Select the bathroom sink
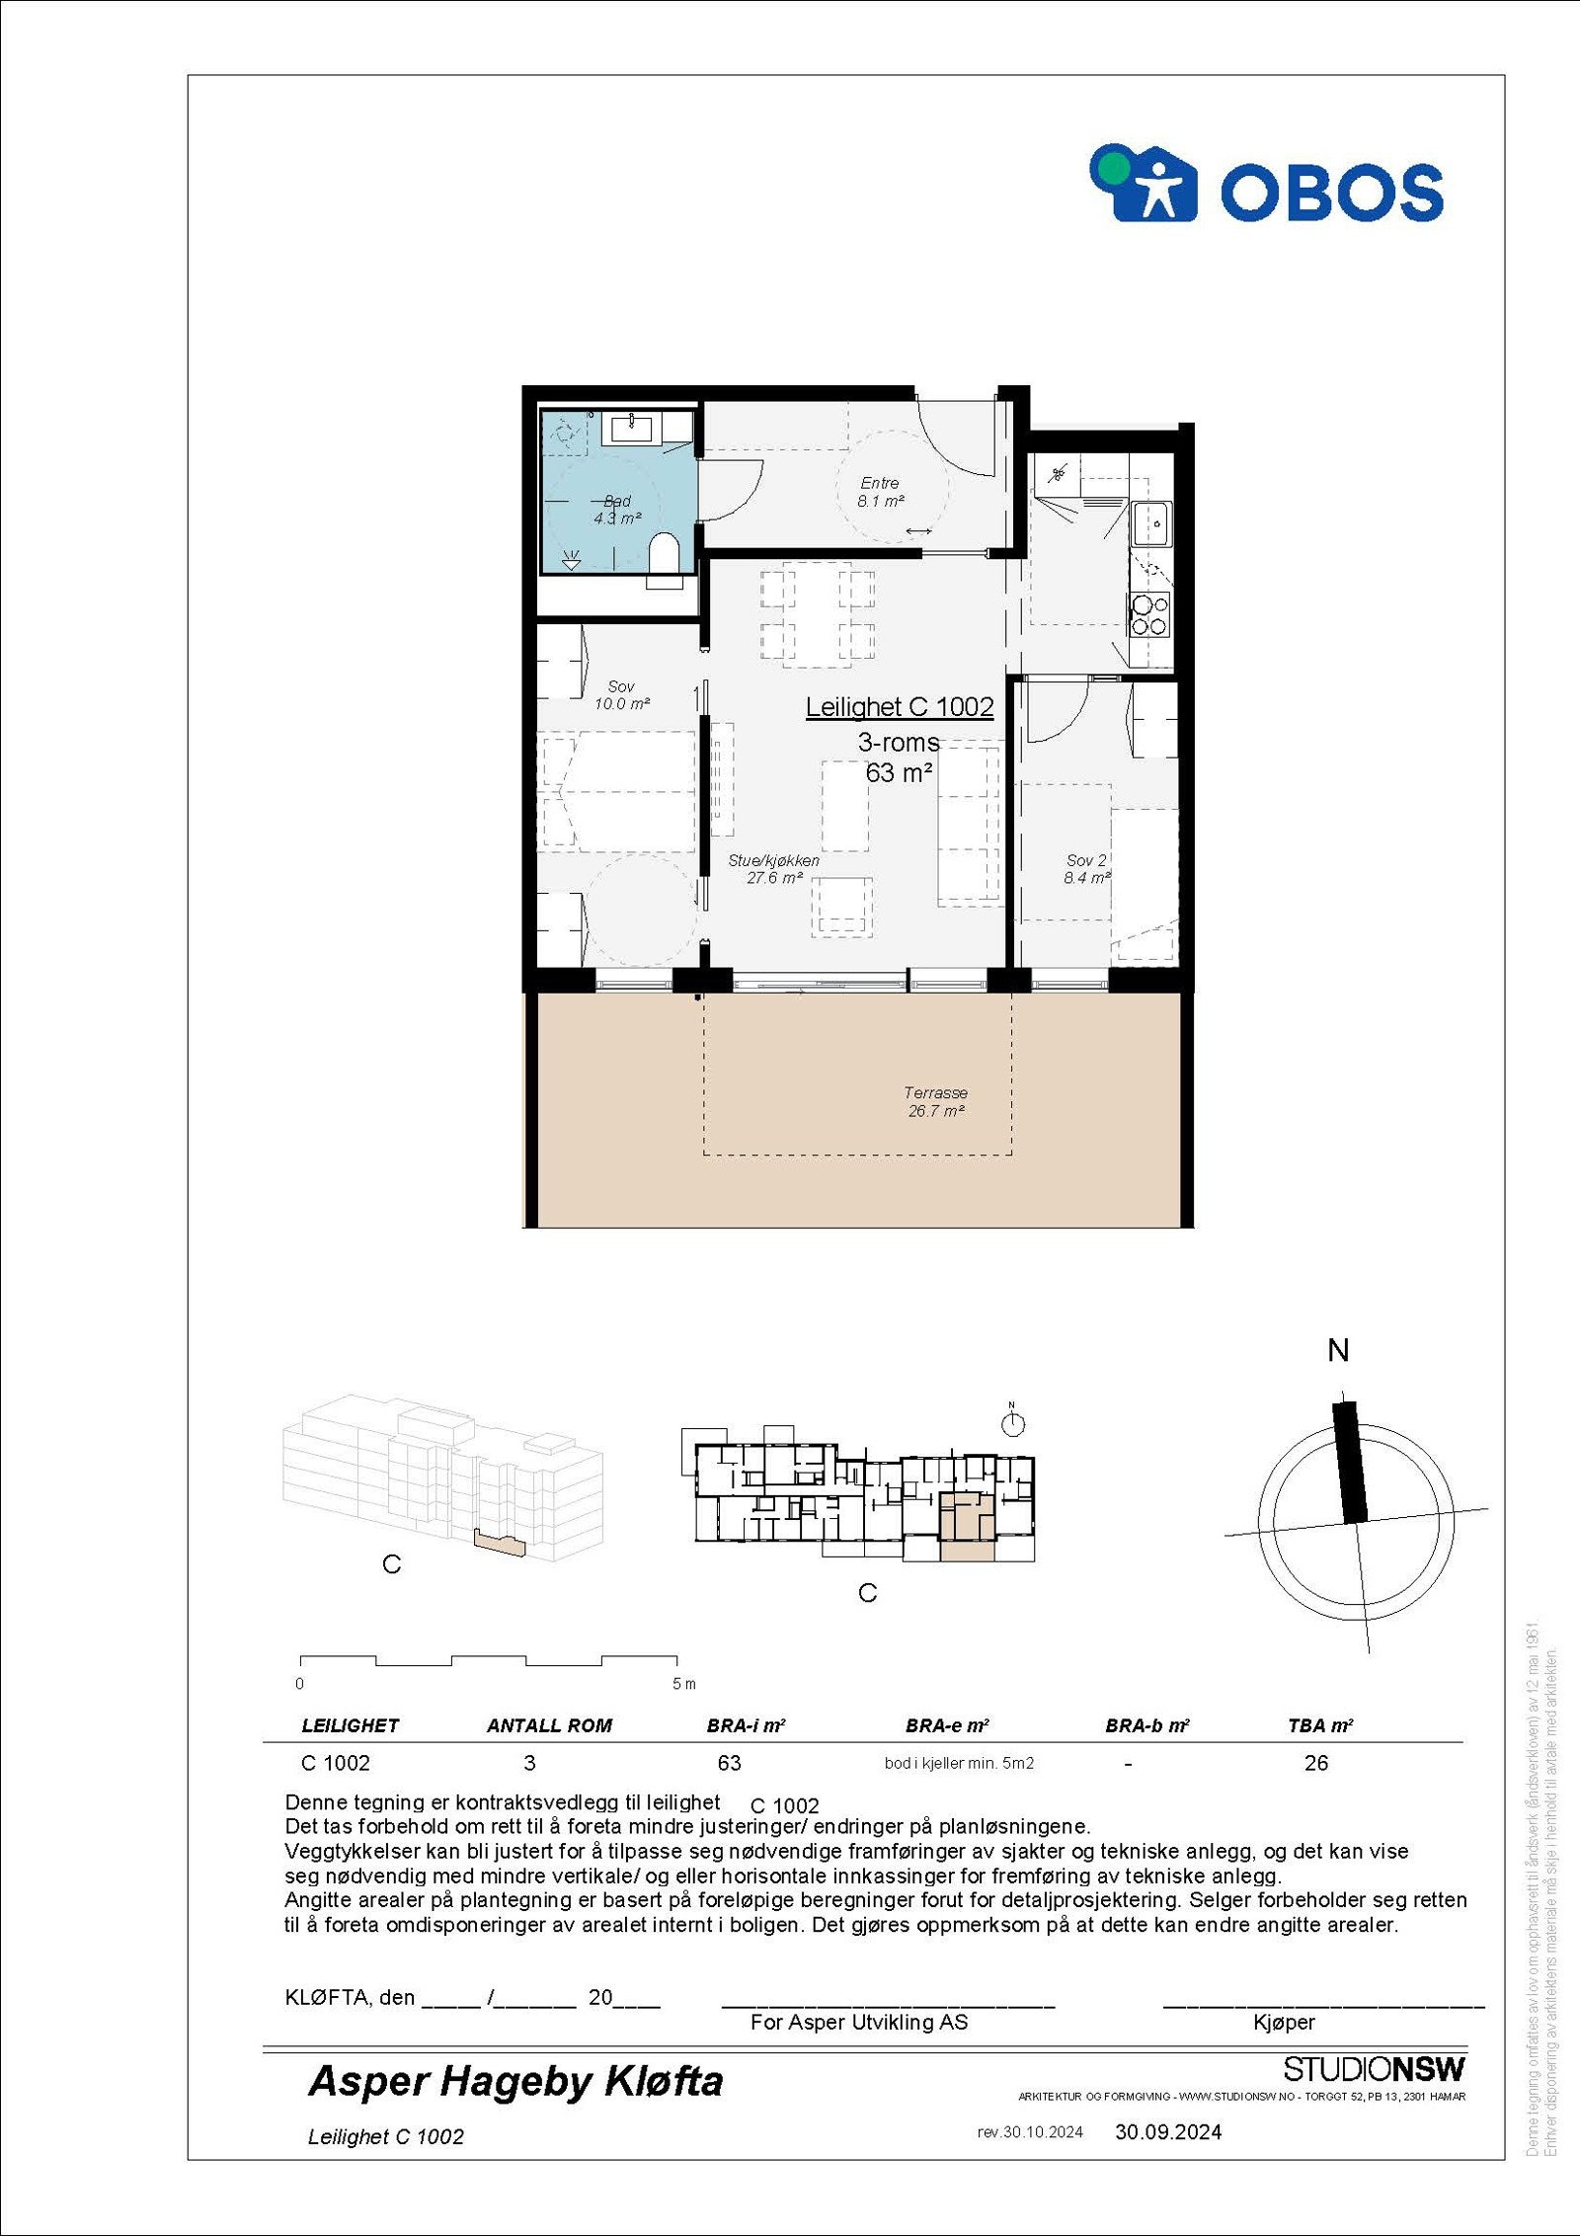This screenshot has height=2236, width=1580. click(x=631, y=428)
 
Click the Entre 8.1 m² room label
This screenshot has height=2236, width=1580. click(x=881, y=492)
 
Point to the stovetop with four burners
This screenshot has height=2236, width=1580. click(x=1150, y=614)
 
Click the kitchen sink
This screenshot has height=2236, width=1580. click(x=1150, y=523)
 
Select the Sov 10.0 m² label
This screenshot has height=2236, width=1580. click(x=622, y=695)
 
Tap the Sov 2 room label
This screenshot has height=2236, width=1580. click(x=1086, y=869)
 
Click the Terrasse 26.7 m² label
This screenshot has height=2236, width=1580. click(x=935, y=1101)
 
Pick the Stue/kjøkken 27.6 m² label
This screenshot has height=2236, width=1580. click(x=773, y=869)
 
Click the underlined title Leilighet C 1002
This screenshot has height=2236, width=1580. click(x=899, y=707)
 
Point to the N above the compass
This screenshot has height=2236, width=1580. click(x=1338, y=1351)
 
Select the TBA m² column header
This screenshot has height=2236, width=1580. click(x=1319, y=1725)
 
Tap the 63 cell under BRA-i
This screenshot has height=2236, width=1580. click(x=729, y=1763)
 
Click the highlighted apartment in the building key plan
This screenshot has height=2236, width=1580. click(x=966, y=1526)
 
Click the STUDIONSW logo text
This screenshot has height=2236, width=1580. click(x=1374, y=2069)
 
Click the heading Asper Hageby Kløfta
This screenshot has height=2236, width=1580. click(x=515, y=2081)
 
